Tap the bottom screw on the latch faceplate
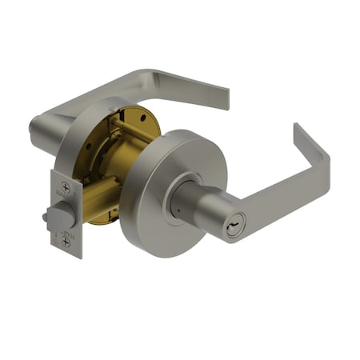click(66, 238)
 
